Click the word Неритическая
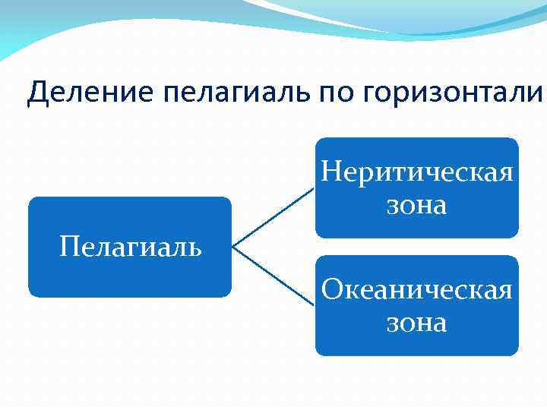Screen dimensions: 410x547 point(416,172)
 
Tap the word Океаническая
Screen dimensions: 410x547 point(416,289)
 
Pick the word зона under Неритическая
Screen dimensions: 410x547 point(416,205)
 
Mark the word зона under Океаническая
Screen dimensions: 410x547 point(416,323)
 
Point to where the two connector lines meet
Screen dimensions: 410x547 point(232,247)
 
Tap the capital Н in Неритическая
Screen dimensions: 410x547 point(331,172)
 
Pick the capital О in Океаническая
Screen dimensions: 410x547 point(332,289)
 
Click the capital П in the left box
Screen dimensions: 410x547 point(68,247)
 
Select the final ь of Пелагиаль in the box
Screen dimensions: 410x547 point(194,248)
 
